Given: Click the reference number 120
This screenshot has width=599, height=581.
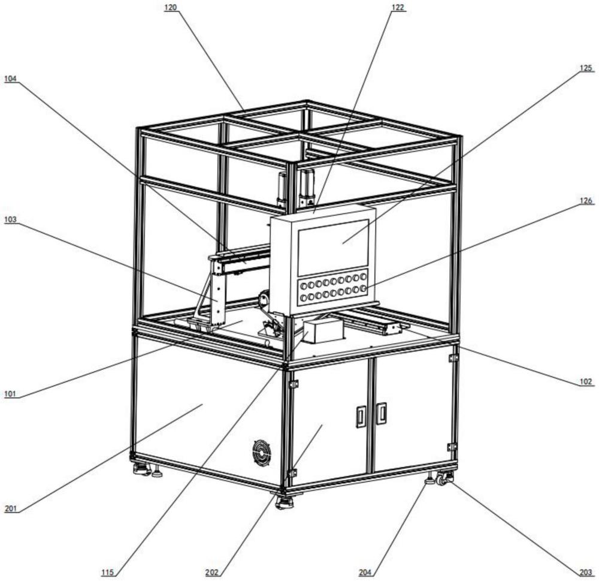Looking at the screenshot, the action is click(170, 7).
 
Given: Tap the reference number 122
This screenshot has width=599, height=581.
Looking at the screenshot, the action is click(397, 7).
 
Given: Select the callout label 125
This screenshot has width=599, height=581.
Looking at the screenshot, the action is click(586, 68).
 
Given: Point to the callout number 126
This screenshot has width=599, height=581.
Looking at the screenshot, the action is click(586, 200).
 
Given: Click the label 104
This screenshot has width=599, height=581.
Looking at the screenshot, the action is click(11, 79).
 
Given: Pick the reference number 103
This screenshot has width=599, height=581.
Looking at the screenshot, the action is click(11, 219).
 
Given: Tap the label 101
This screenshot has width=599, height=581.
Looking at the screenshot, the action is click(11, 393).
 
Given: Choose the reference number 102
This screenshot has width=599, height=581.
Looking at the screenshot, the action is click(586, 381).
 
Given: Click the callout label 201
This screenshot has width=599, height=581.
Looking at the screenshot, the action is click(11, 508).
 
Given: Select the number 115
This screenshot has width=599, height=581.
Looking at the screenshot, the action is click(107, 572).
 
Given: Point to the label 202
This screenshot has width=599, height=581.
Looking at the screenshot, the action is click(211, 572).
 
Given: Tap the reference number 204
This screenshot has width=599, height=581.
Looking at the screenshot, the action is click(365, 572).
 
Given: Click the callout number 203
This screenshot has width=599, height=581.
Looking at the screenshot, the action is click(586, 572).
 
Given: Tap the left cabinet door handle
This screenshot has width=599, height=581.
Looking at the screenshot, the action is click(361, 417).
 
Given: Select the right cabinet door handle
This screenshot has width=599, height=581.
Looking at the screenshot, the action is click(381, 414).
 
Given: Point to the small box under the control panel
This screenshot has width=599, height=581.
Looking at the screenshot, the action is click(323, 330).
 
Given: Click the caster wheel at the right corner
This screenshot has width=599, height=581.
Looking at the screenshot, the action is click(444, 478).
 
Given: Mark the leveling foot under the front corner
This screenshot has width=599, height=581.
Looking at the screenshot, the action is click(285, 502).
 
